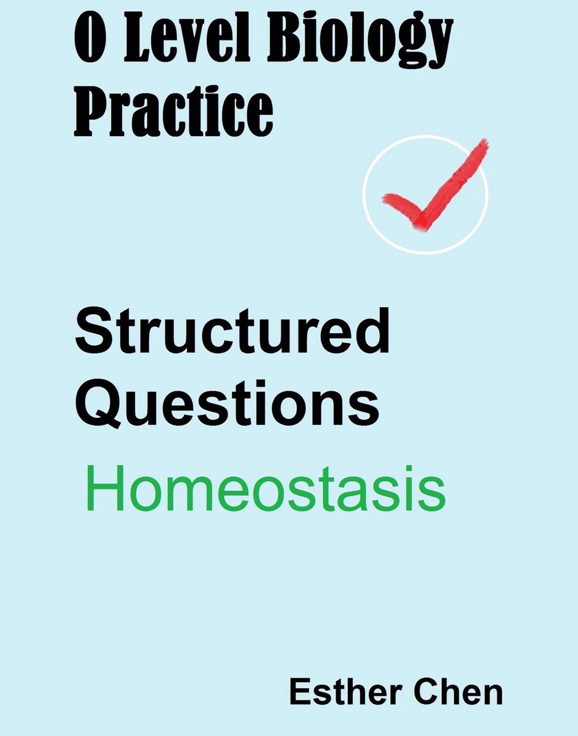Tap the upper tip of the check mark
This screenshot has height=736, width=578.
click(x=483, y=144)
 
